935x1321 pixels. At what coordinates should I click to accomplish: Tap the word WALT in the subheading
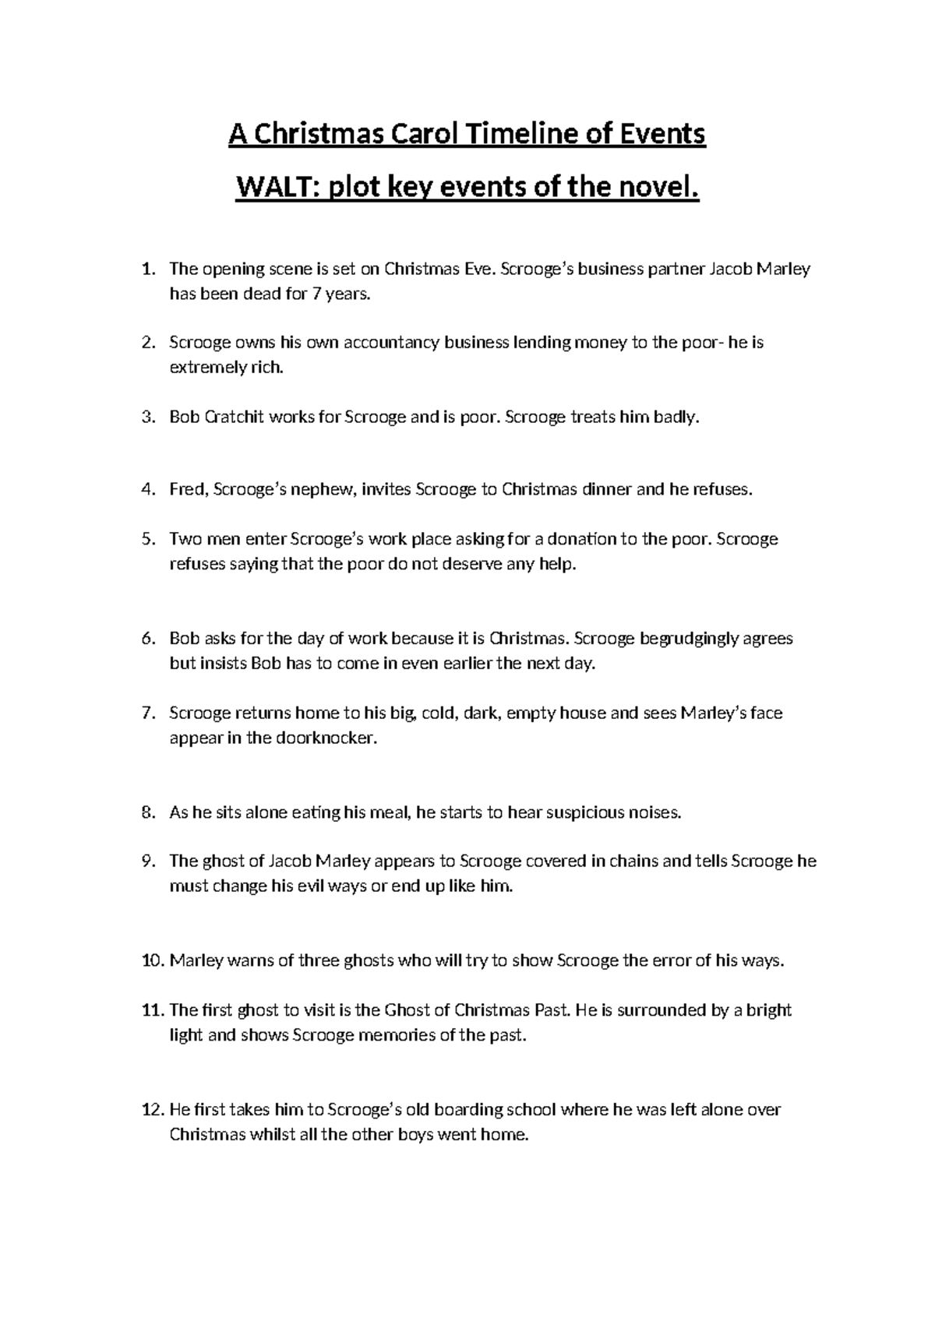(277, 188)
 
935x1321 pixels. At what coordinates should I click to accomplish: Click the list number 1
(148, 269)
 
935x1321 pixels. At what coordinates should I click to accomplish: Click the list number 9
(148, 861)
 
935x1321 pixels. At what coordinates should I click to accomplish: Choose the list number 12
(152, 1109)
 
